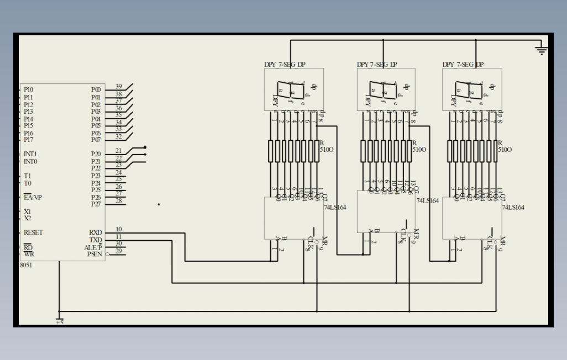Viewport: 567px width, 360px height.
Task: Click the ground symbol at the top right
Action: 541,50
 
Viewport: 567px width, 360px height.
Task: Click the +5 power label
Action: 60,322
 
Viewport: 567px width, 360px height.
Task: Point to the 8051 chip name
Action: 27,265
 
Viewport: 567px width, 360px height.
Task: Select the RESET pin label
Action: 33,232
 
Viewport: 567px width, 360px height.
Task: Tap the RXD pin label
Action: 96,232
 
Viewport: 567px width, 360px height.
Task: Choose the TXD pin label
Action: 96,240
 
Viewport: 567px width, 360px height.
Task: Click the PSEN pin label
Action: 95,254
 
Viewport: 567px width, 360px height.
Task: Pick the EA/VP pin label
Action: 33,197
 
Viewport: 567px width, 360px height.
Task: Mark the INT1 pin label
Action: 30,154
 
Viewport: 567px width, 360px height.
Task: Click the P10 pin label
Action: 28,89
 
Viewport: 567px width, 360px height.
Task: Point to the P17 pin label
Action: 28,140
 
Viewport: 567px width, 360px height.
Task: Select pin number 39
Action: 118,87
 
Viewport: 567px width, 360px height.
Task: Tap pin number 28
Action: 118,201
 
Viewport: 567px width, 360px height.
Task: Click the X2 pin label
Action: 28,219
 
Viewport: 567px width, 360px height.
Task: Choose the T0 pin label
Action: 28,183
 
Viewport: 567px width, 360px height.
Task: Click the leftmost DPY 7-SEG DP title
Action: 285,65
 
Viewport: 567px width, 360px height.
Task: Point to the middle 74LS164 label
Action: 427,200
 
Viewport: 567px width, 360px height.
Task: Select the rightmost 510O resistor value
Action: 505,150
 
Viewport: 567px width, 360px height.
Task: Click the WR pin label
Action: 28,254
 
